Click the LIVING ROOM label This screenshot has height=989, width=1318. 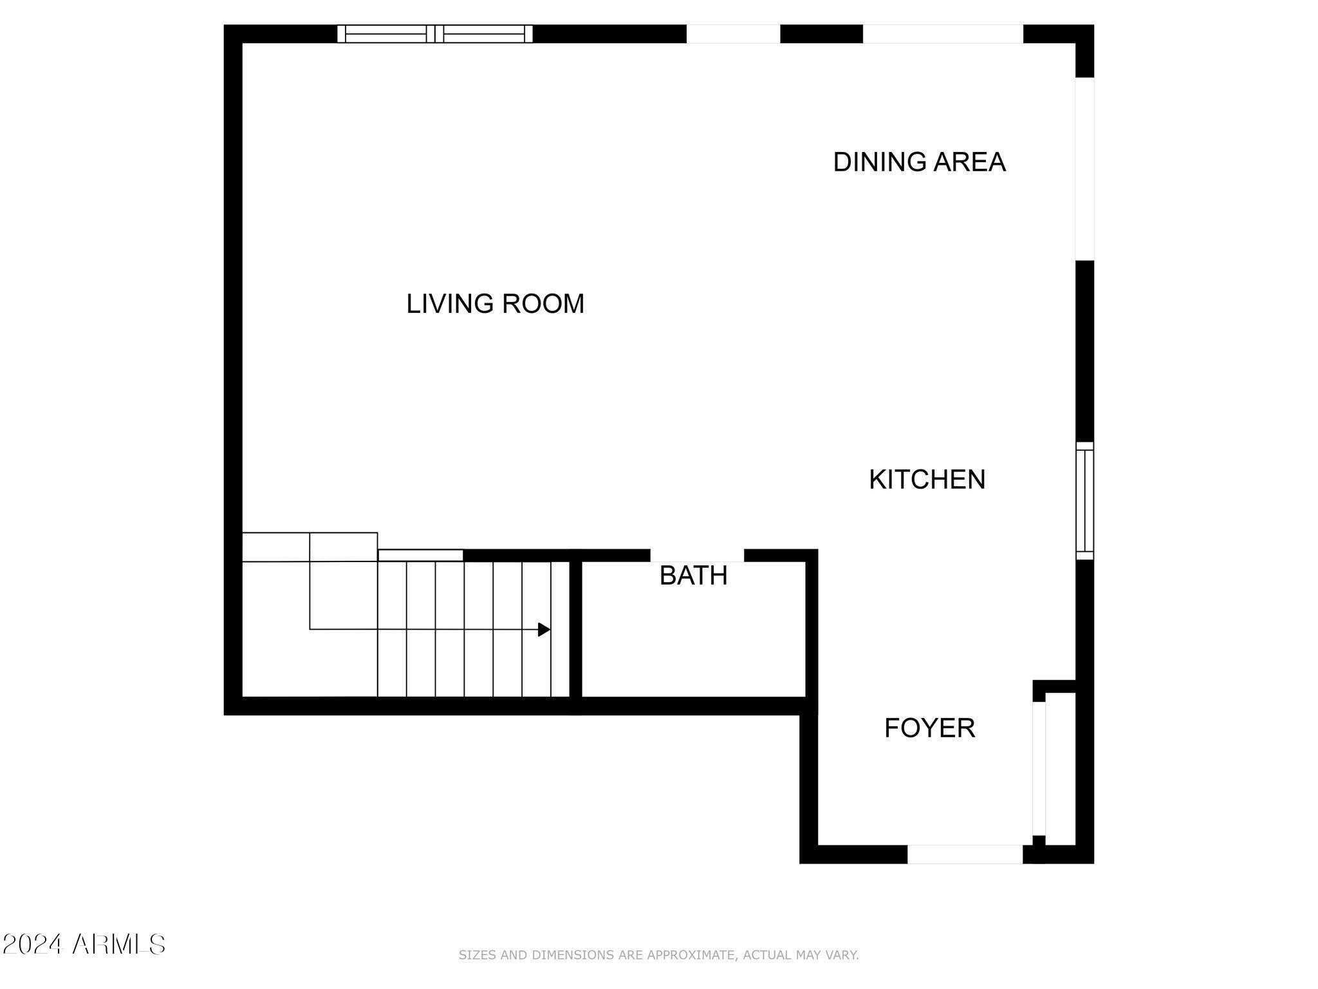coord(495,303)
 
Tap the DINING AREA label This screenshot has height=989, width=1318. coord(918,162)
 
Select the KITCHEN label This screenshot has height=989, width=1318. coord(927,480)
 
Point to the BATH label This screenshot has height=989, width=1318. coord(693,576)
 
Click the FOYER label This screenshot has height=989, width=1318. coord(929,728)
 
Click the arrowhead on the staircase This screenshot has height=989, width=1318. coord(544,629)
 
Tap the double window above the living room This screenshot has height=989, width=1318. coord(435,33)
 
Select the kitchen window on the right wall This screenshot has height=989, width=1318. coord(1084,500)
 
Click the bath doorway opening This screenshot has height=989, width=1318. coord(697,555)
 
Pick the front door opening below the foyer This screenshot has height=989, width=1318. coord(964,854)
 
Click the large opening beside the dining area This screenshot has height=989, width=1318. coord(1084,169)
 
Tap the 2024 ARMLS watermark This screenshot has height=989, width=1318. coord(84,945)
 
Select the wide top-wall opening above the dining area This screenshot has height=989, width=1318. coord(942,33)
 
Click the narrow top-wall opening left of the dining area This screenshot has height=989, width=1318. coord(733,33)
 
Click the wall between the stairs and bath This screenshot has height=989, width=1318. coord(576,629)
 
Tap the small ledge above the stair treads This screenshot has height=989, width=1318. coord(420,555)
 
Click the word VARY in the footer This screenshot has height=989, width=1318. coord(841,955)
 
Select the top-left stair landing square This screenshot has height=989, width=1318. coord(275,547)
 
